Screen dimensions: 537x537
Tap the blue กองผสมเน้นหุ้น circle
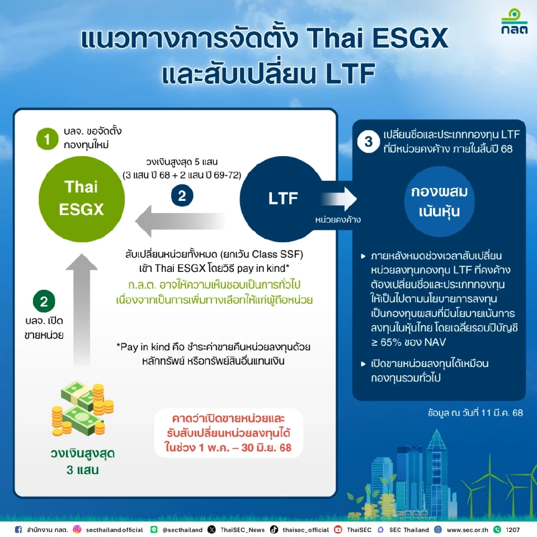click(439, 202)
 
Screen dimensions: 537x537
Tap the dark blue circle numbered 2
click(182, 196)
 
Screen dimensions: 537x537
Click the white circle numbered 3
click(368, 142)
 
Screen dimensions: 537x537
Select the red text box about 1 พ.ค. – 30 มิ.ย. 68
click(228, 434)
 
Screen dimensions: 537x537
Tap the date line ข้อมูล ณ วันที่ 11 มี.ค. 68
click(475, 413)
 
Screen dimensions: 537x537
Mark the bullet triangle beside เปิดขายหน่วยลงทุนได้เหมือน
click(364, 364)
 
